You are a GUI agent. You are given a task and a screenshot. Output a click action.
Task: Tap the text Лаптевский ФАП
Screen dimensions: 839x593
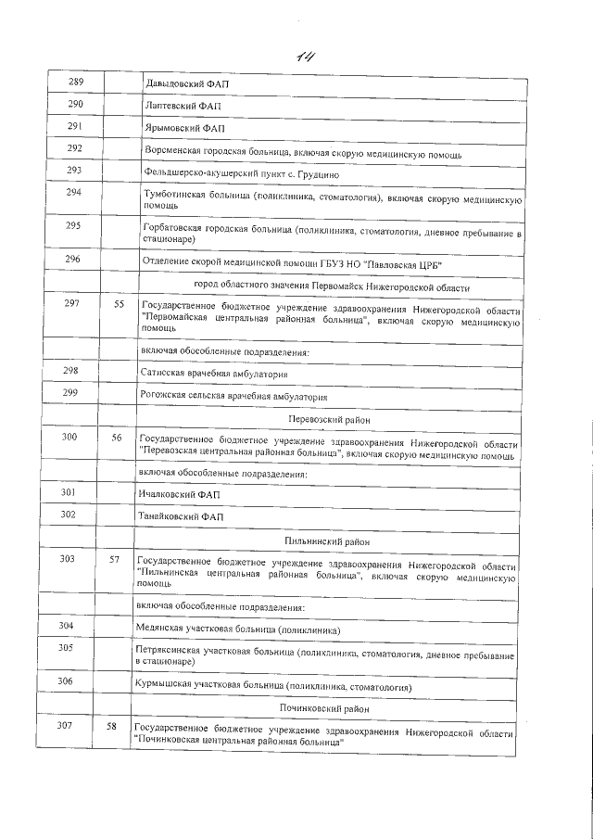(184, 107)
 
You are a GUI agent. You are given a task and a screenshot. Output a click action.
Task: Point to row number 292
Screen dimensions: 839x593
(75, 148)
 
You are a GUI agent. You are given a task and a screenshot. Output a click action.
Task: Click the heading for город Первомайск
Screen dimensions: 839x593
(331, 285)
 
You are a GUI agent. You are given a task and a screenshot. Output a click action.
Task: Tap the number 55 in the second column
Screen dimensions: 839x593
(118, 304)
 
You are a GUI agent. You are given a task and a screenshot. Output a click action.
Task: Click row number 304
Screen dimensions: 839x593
(66, 627)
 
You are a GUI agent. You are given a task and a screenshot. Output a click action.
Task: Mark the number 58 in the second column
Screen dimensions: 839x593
(112, 726)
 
